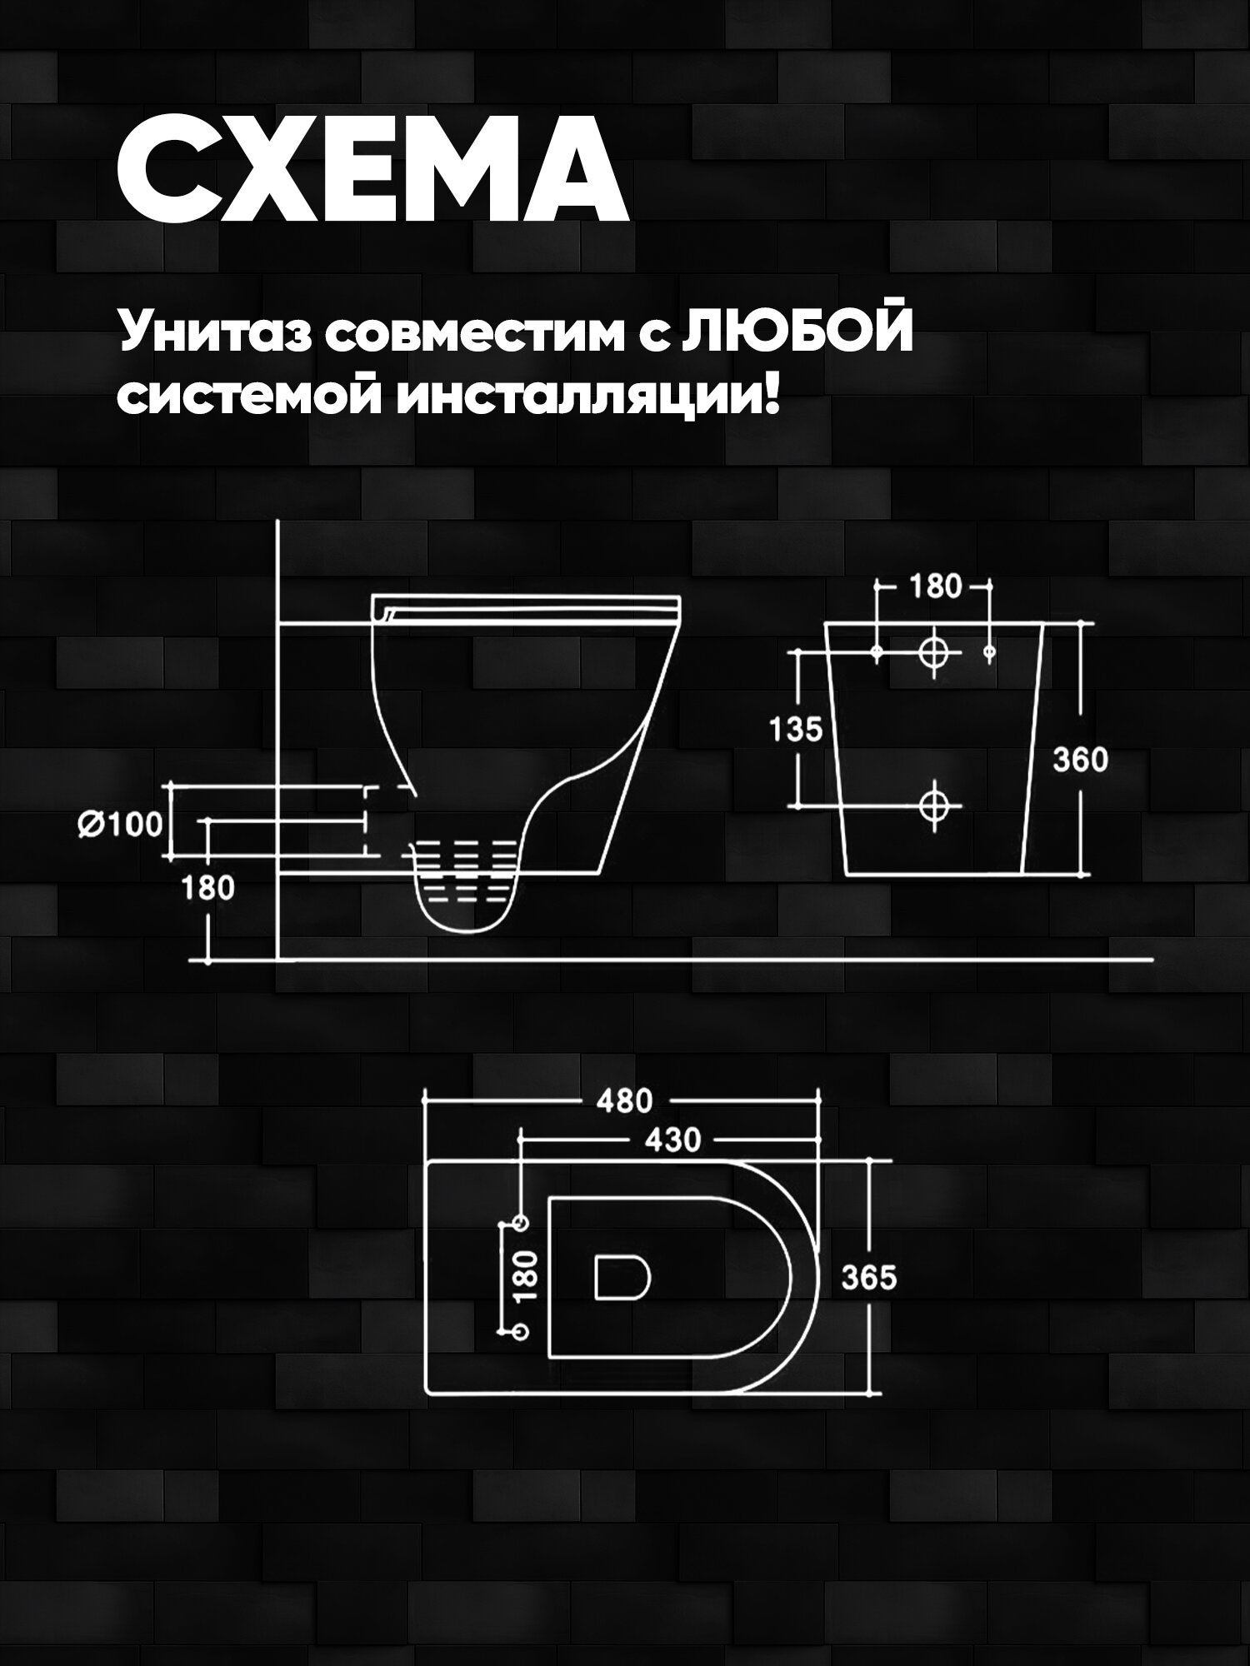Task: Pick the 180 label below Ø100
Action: (208, 889)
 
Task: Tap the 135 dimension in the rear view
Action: (795, 730)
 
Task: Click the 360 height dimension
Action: (1080, 760)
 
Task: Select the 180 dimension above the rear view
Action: (935, 586)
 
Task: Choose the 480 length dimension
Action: (624, 1101)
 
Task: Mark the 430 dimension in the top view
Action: (673, 1139)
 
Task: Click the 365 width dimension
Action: (868, 1277)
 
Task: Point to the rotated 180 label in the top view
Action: (526, 1275)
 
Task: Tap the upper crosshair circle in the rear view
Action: (934, 651)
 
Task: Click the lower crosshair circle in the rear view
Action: (934, 805)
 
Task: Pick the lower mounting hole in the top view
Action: (521, 1333)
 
